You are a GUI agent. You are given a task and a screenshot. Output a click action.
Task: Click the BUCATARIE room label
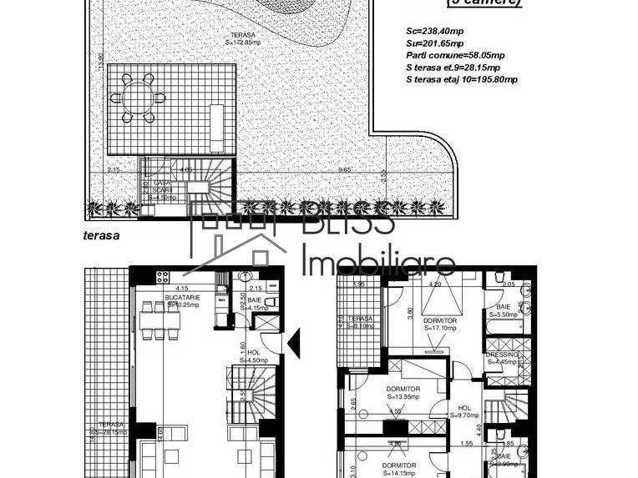click(x=182, y=299)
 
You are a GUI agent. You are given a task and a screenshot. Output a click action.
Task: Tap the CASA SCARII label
click(x=162, y=189)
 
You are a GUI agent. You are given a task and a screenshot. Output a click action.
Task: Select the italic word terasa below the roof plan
click(x=102, y=235)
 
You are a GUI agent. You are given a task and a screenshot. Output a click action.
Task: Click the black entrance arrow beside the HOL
click(x=293, y=343)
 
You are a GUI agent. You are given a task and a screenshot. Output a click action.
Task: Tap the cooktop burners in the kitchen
click(x=161, y=277)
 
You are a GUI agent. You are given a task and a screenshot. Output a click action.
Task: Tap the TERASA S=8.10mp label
click(x=361, y=323)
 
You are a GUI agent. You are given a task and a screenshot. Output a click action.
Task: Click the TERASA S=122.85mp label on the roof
click(x=243, y=39)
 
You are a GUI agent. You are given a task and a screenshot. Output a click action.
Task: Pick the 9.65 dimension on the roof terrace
click(x=343, y=170)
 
